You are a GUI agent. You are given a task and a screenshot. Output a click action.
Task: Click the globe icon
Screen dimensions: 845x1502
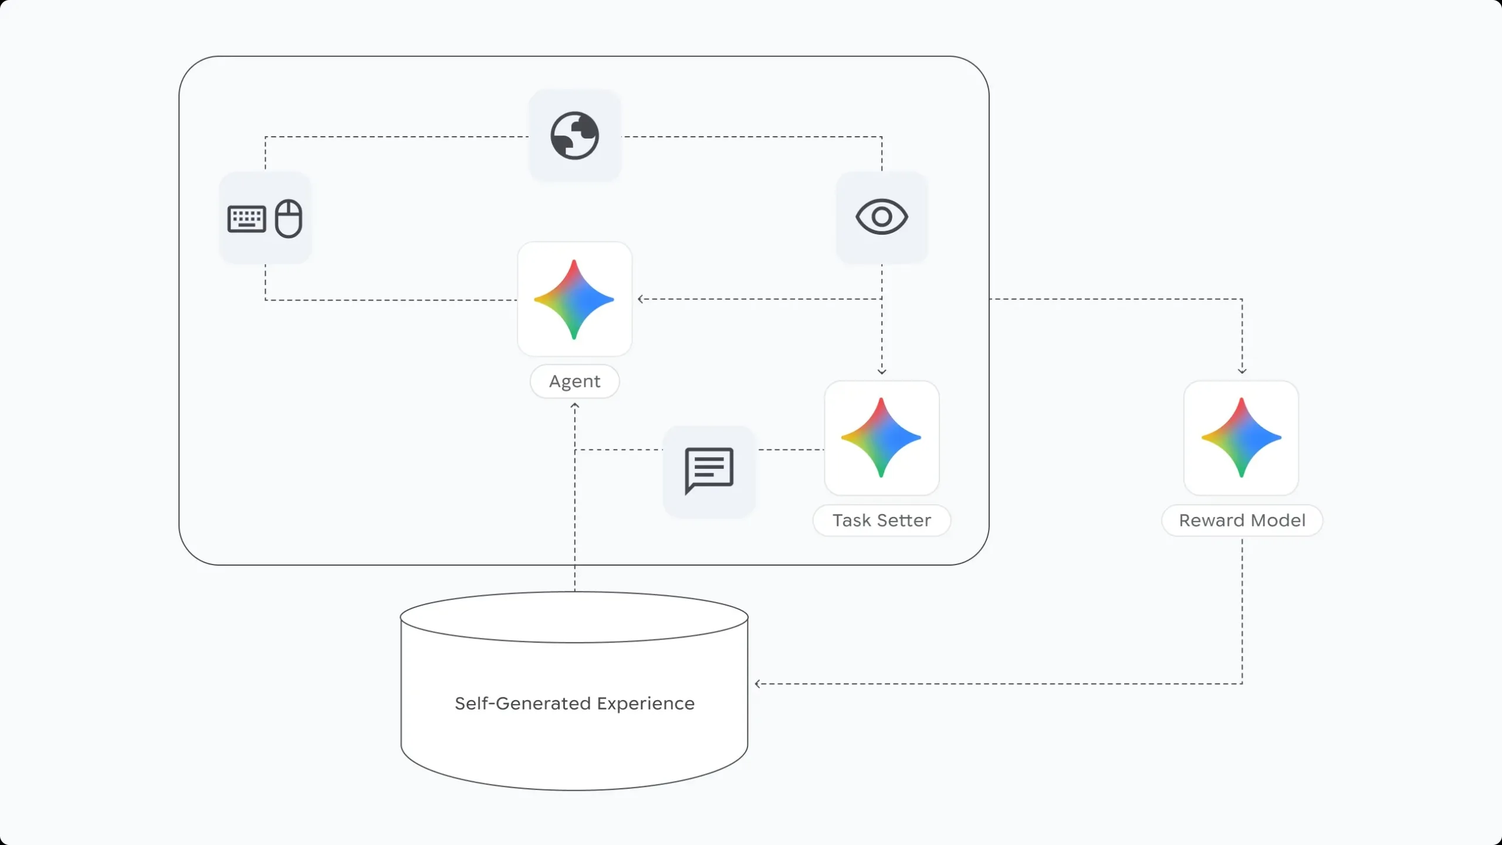point(574,136)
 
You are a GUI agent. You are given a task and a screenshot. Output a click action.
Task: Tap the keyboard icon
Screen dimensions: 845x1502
point(246,219)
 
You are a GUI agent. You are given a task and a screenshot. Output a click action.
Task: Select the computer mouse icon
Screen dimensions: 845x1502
point(289,218)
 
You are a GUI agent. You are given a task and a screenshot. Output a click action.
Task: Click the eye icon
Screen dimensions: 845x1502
point(881,217)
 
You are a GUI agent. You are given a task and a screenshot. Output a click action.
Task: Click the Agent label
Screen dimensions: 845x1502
point(574,381)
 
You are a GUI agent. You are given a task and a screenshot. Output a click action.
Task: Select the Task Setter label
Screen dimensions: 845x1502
point(881,520)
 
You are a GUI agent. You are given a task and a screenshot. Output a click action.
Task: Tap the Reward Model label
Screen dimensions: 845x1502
point(1241,520)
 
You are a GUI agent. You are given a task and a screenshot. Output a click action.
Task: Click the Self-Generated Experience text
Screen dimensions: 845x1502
point(574,703)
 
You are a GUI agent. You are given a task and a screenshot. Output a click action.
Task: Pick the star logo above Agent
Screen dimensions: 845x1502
point(574,299)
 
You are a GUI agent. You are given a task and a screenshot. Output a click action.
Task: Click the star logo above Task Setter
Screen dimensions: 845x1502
point(881,438)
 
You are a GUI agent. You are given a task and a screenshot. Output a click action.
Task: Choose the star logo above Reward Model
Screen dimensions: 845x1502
point(1241,438)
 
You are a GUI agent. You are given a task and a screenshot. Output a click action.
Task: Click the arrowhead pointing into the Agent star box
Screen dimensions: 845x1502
point(641,299)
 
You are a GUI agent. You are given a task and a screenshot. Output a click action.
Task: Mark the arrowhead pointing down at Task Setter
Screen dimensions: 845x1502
point(881,371)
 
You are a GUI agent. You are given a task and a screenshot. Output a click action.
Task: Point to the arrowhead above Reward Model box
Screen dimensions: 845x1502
point(1241,371)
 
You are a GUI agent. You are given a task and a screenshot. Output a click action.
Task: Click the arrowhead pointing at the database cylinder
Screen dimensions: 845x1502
point(758,684)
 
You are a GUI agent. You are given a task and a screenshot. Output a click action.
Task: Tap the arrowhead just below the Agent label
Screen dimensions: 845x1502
point(574,405)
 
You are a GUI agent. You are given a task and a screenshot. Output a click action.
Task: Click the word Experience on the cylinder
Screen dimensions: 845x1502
point(645,703)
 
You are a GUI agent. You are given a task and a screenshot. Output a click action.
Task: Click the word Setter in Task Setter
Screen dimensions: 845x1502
point(904,520)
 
